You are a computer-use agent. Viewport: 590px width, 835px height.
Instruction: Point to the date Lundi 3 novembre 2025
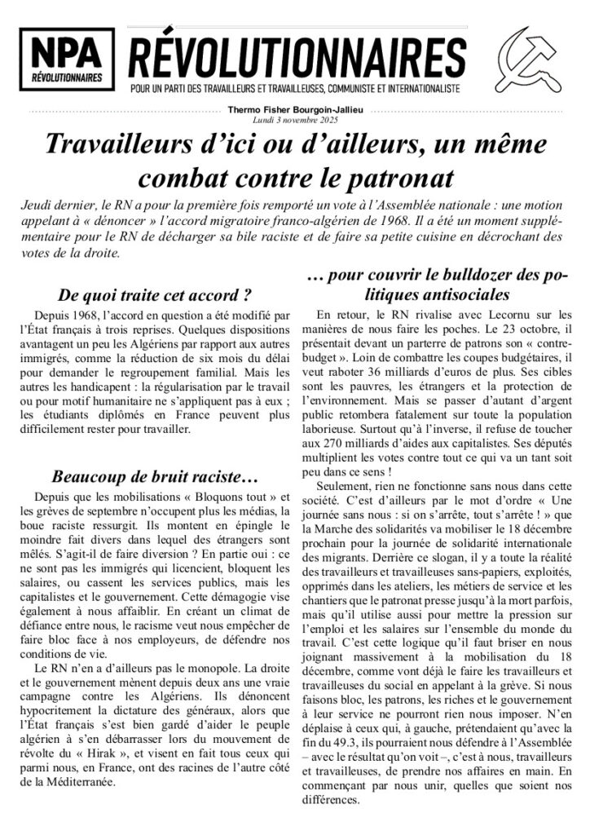pos(294,120)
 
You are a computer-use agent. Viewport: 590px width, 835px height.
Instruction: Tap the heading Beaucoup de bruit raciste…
pos(143,475)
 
